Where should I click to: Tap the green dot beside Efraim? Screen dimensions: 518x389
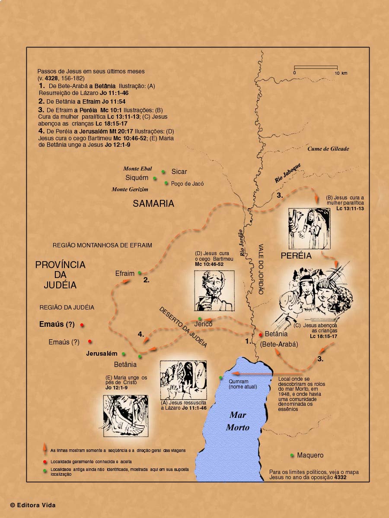tap(139, 273)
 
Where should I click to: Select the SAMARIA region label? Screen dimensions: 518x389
tap(153, 204)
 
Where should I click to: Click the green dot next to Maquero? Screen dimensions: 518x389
tap(293, 455)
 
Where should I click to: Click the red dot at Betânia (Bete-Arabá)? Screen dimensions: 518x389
tap(260, 335)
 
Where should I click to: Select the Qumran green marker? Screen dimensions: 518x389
tap(221, 378)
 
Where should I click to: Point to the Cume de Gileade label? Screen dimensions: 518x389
tap(328, 149)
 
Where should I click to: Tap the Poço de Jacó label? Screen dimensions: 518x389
tap(187, 183)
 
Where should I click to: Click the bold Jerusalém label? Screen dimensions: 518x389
tap(102, 354)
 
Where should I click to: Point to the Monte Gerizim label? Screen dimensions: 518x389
tap(130, 190)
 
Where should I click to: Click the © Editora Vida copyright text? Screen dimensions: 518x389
tap(33, 505)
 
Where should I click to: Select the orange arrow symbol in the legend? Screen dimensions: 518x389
tap(45, 449)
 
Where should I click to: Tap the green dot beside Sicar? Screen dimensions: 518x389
tap(163, 171)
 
